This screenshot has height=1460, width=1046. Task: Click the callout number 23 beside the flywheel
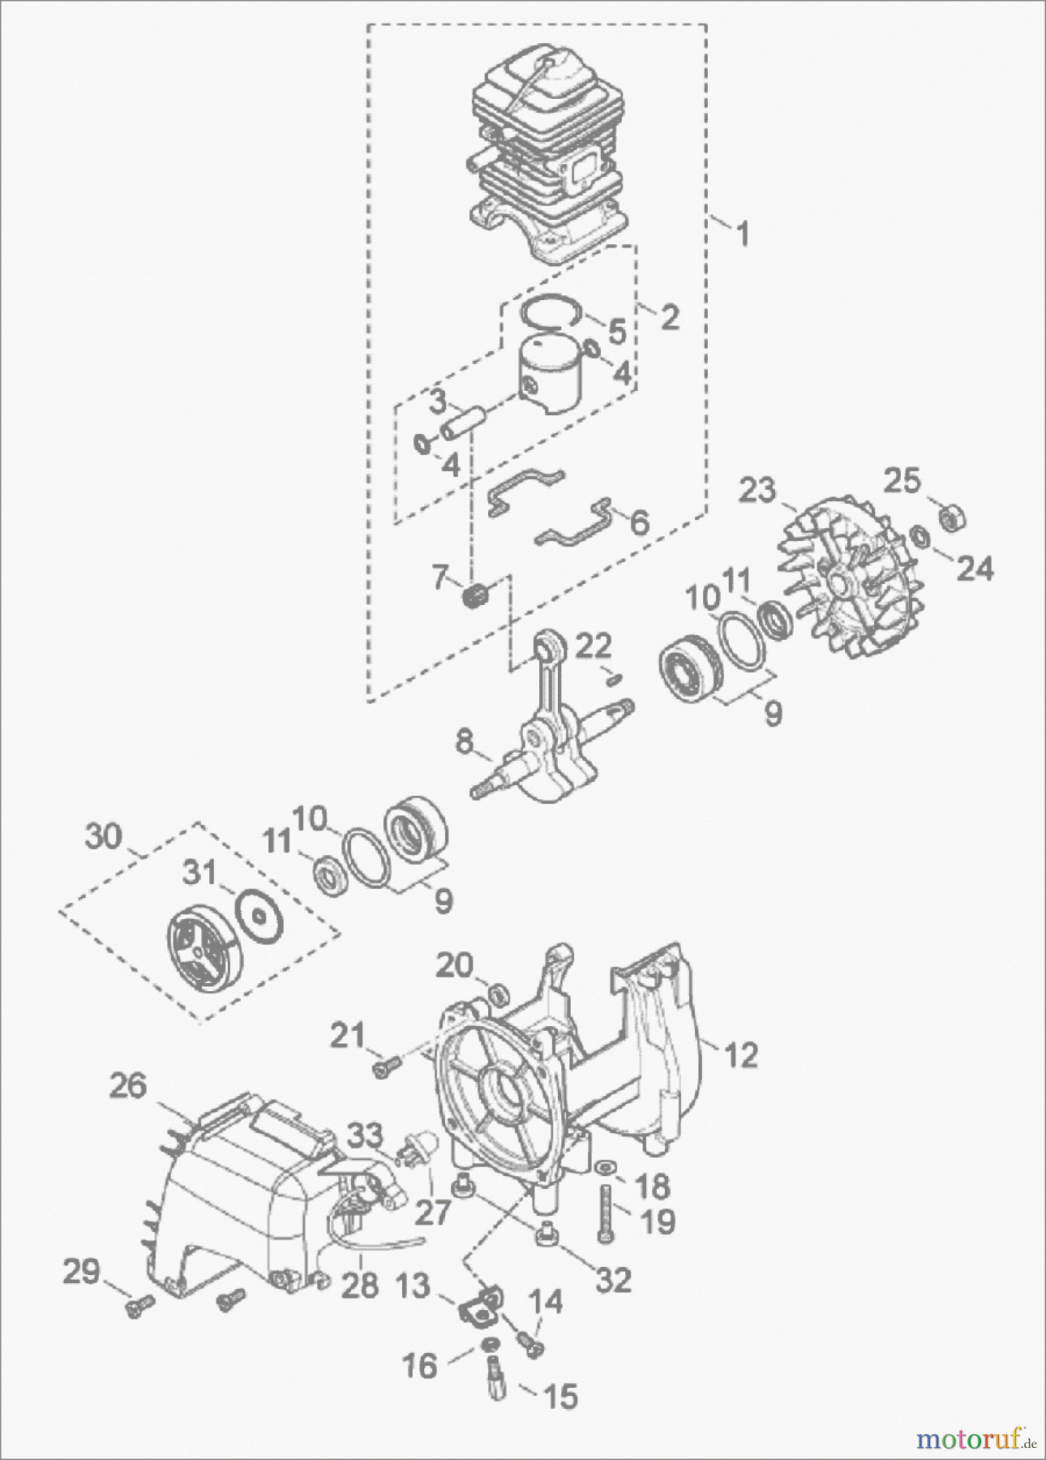click(757, 491)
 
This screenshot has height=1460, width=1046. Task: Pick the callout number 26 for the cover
click(128, 1085)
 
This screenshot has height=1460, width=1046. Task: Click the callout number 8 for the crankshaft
click(463, 743)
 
